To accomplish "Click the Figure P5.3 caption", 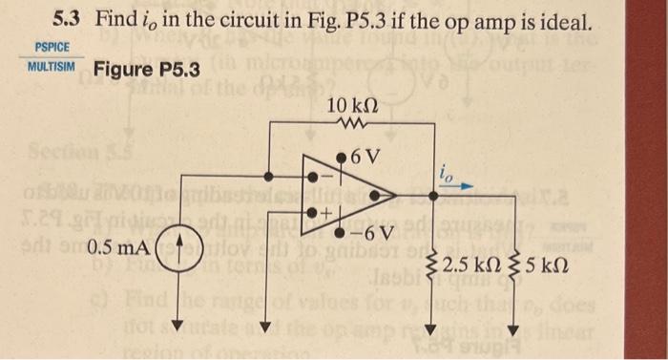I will pyautogui.click(x=147, y=70).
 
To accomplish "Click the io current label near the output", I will pyautogui.click(x=448, y=173).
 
